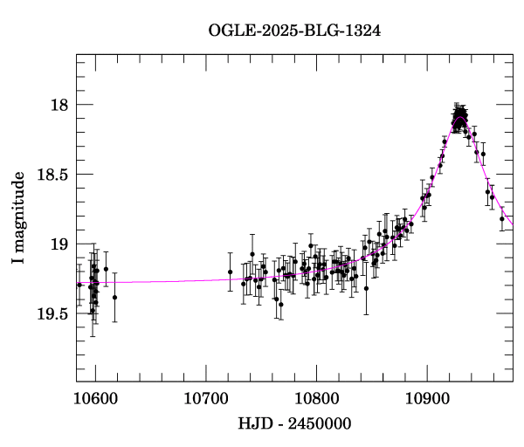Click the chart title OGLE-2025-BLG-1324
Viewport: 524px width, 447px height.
(294, 31)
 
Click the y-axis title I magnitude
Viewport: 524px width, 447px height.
(18, 219)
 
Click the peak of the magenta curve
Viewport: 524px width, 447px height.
(461, 118)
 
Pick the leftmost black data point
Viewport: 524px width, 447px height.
(79, 285)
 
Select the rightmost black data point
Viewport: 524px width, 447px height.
(501, 219)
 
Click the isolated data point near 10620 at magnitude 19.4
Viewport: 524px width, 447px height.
(114, 297)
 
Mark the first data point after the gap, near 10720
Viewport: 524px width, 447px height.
(231, 272)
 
